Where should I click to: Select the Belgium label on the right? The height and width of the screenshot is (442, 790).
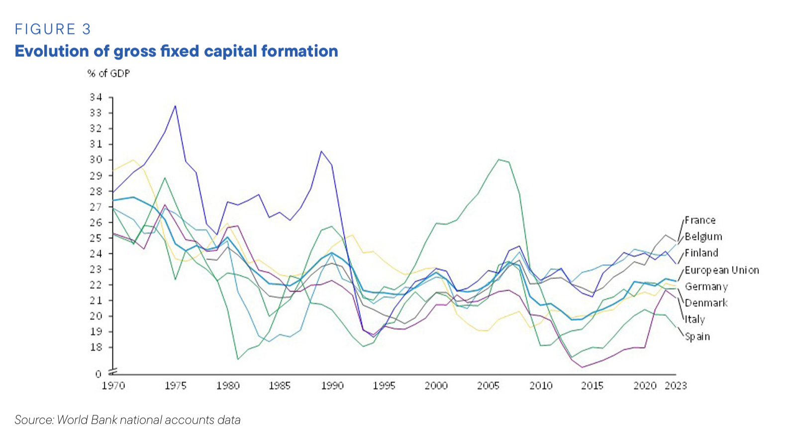pyautogui.click(x=703, y=236)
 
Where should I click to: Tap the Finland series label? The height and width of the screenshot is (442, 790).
pyautogui.click(x=701, y=253)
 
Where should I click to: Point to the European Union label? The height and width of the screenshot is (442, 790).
pyautogui.click(x=721, y=270)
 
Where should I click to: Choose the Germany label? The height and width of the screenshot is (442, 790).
pyautogui.click(x=706, y=286)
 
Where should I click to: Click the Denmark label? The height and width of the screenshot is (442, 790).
pyautogui.click(x=706, y=303)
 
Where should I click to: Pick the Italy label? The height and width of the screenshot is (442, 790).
pyautogui.click(x=694, y=319)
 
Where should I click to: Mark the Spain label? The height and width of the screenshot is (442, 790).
pyautogui.click(x=697, y=336)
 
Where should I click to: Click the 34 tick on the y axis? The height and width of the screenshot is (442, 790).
pyautogui.click(x=96, y=97)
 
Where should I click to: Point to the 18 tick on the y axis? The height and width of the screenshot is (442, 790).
pyautogui.click(x=96, y=347)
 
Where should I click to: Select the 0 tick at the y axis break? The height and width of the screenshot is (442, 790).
pyautogui.click(x=98, y=374)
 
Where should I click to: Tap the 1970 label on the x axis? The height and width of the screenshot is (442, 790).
pyautogui.click(x=113, y=386)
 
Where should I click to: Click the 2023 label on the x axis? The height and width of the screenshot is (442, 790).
pyautogui.click(x=676, y=386)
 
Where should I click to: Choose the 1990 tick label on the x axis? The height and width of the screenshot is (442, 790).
pyautogui.click(x=332, y=386)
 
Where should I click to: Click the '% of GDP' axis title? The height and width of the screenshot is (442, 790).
pyautogui.click(x=108, y=73)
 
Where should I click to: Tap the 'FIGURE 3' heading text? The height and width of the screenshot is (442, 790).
pyautogui.click(x=53, y=29)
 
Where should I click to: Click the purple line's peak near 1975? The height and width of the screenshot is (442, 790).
pyautogui.click(x=175, y=106)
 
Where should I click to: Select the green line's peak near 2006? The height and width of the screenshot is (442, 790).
pyautogui.click(x=498, y=159)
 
